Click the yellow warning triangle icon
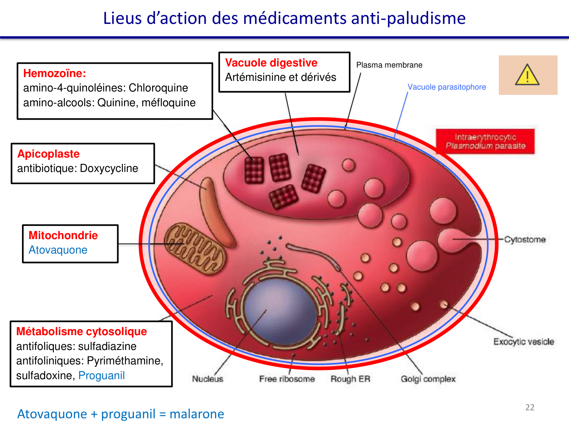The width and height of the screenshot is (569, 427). [527, 75]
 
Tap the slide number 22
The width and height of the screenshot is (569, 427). [530, 407]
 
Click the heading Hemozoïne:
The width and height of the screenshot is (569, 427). [55, 73]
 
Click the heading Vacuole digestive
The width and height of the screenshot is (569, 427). [271, 63]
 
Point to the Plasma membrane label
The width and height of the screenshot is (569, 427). [389, 65]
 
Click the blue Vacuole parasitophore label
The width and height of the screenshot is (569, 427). [446, 87]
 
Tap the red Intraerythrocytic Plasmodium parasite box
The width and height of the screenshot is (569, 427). [485, 142]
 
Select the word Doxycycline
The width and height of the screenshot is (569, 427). [109, 168]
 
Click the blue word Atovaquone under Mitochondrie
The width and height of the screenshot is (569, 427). [58, 250]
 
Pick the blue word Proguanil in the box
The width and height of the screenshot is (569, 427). [101, 375]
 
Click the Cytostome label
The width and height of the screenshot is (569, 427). [525, 239]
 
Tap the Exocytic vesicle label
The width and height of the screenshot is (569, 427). [523, 342]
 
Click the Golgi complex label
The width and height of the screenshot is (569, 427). [428, 379]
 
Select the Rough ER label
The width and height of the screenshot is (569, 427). [350, 379]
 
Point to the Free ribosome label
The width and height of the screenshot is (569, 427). [287, 379]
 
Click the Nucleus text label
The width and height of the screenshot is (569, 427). [207, 379]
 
